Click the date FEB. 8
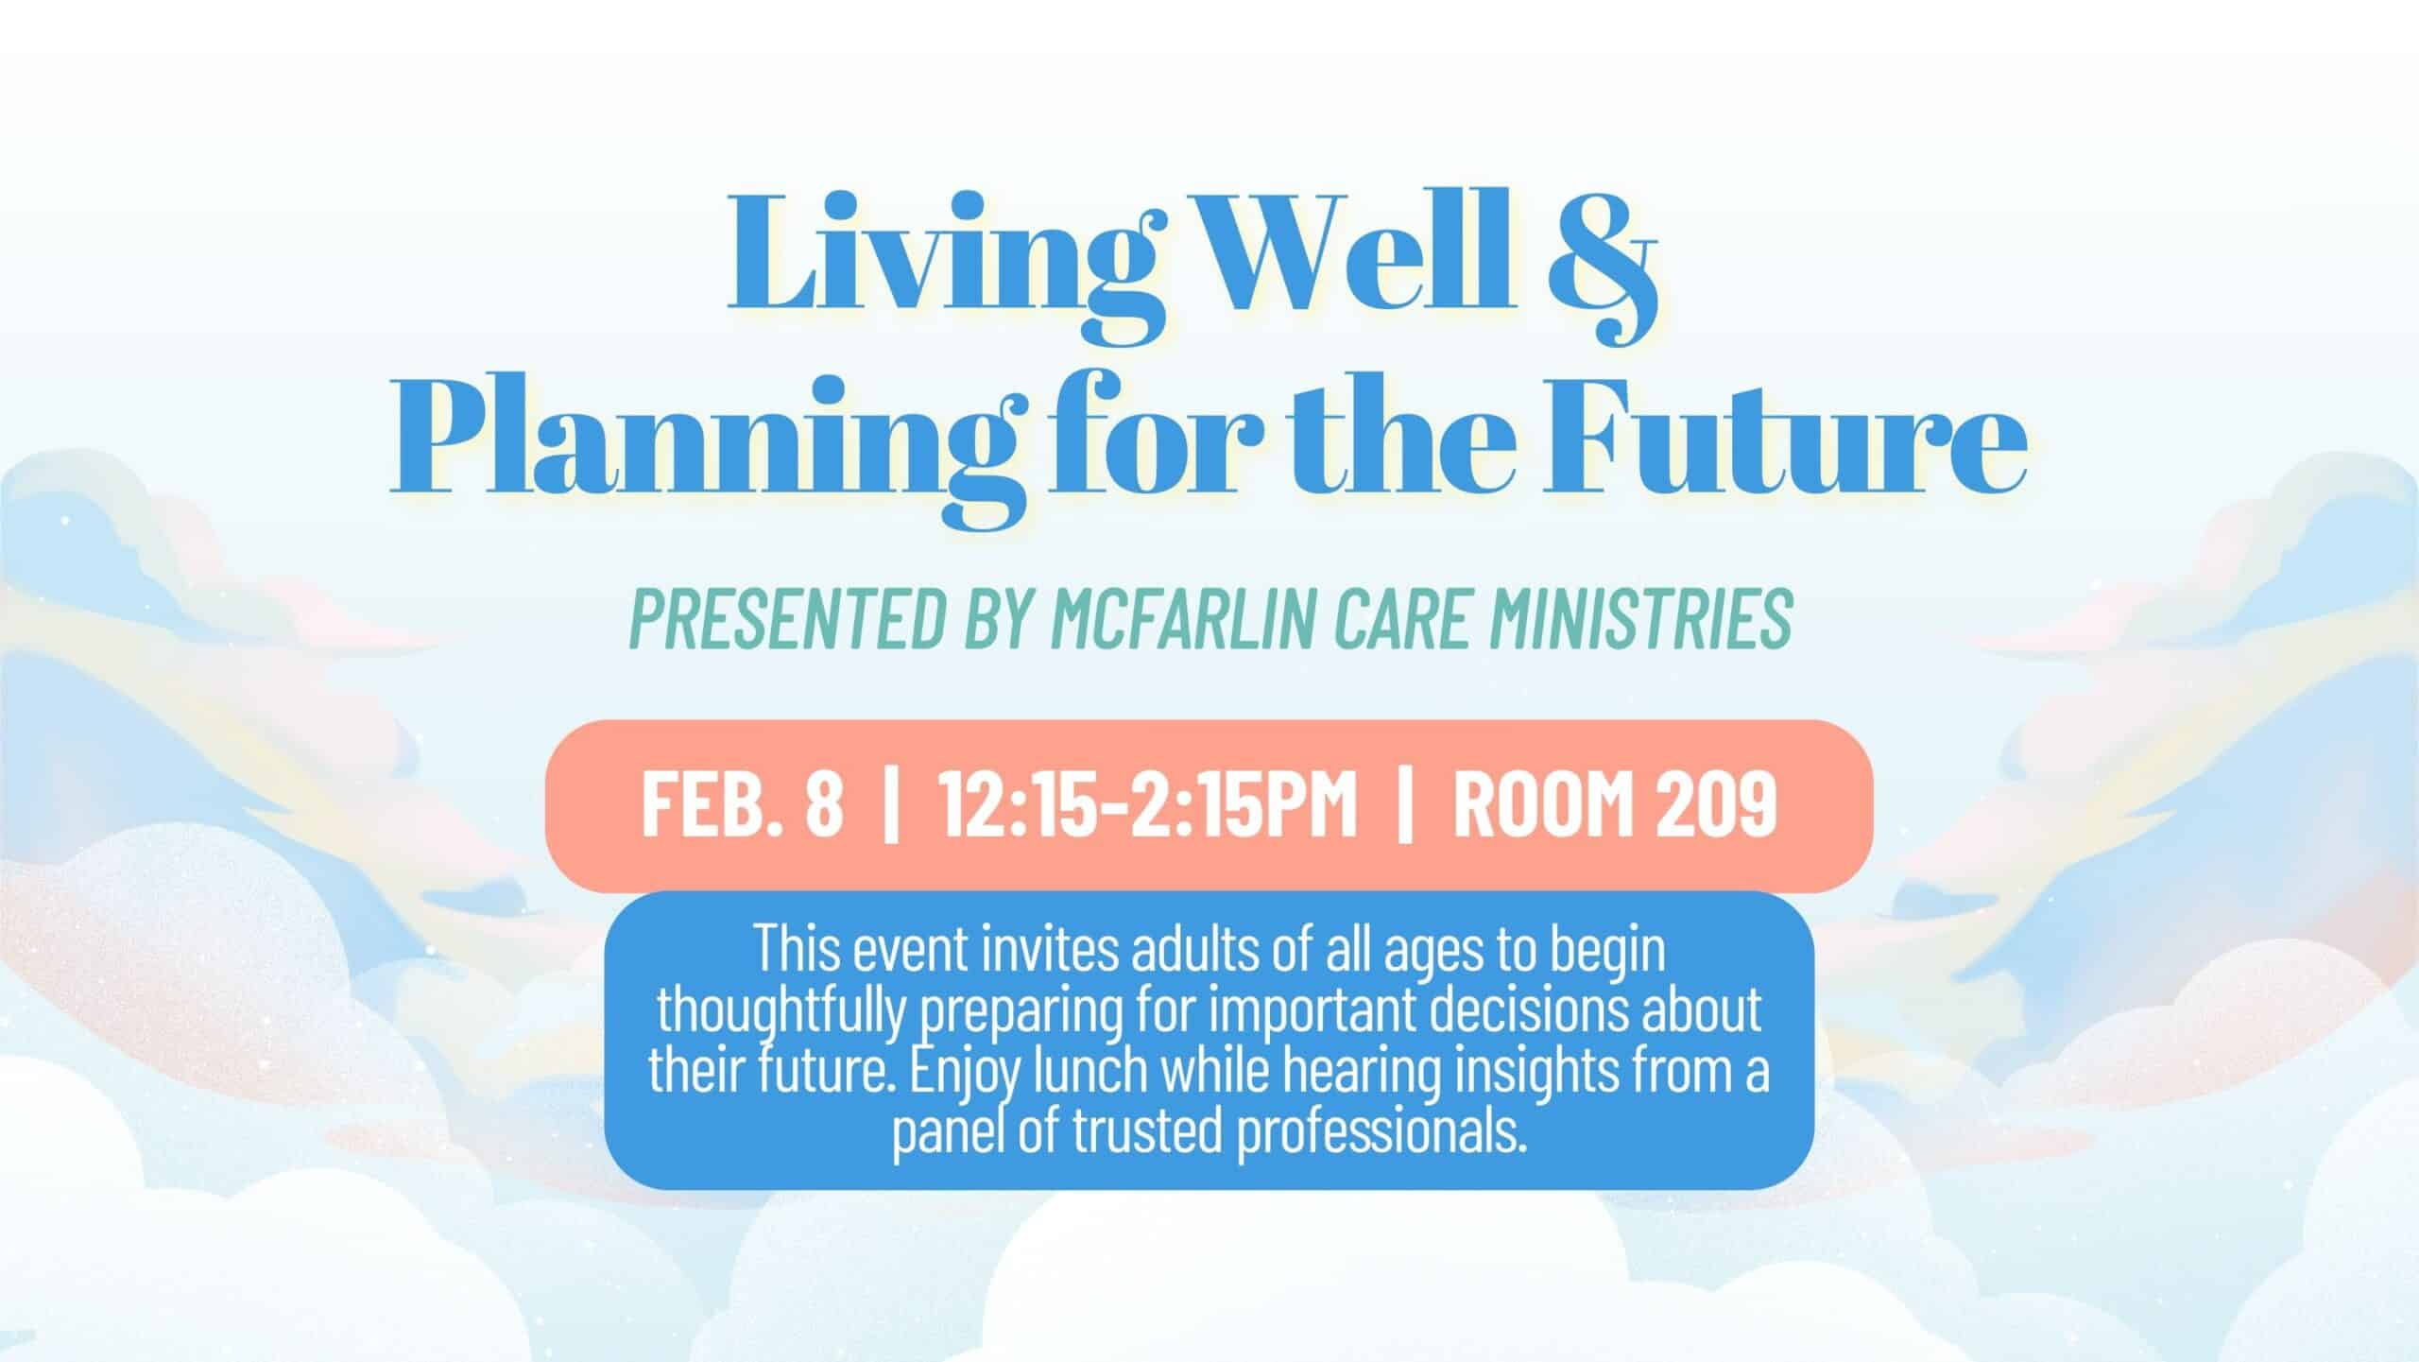(742, 804)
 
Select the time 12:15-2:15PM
(1149, 804)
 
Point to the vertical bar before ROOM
(1405, 804)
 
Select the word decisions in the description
(1530, 1009)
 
